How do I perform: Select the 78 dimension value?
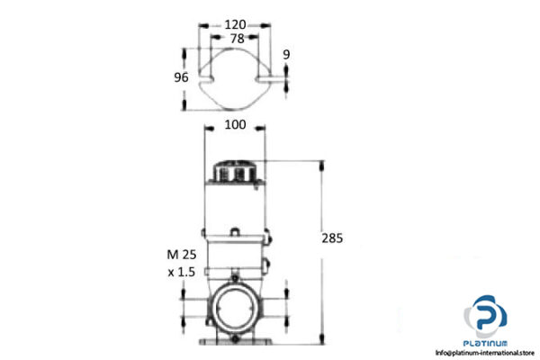point(236,40)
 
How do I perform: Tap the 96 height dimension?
point(180,77)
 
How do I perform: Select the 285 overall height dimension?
point(332,238)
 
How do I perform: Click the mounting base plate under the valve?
point(235,343)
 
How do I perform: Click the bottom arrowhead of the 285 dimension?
point(321,342)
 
